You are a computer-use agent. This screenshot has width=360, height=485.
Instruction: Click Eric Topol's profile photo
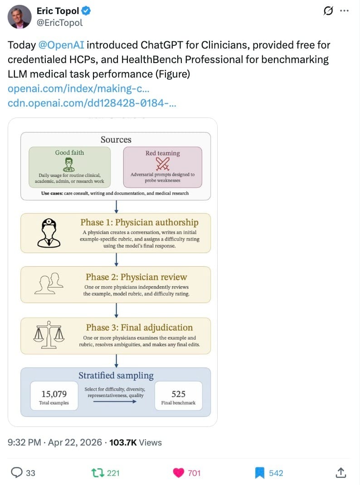pyautogui.click(x=19, y=17)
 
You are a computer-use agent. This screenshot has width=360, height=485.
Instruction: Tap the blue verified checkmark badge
pyautogui.click(x=86, y=11)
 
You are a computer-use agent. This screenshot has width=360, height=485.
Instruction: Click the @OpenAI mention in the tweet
pyautogui.click(x=61, y=45)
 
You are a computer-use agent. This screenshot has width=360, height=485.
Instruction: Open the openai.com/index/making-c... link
pyautogui.click(x=78, y=89)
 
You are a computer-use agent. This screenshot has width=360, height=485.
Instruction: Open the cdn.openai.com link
pyautogui.click(x=92, y=103)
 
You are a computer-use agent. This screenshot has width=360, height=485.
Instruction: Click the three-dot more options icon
pyautogui.click(x=344, y=11)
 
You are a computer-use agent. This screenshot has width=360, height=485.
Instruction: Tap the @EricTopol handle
pyautogui.click(x=60, y=23)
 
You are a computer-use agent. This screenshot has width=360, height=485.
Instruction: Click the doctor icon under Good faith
pyautogui.click(x=68, y=165)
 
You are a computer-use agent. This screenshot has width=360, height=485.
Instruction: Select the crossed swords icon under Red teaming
pyautogui.click(x=162, y=164)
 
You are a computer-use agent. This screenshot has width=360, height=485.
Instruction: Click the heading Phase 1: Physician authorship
pyautogui.click(x=139, y=222)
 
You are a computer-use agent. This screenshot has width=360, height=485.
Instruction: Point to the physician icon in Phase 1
pyautogui.click(x=49, y=233)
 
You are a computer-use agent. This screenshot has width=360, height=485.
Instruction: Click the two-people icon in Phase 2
pyautogui.click(x=49, y=283)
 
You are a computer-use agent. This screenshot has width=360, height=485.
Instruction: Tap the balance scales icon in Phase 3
pyautogui.click(x=49, y=335)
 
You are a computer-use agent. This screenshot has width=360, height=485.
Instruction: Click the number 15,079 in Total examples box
pyautogui.click(x=54, y=394)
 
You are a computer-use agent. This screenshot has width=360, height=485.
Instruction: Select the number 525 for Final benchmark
pyautogui.click(x=178, y=394)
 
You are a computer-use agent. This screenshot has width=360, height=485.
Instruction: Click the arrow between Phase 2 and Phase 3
pyautogui.click(x=116, y=310)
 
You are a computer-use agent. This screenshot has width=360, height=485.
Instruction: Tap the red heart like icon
pyautogui.click(x=178, y=473)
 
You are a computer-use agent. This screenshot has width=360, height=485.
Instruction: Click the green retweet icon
pyautogui.click(x=97, y=473)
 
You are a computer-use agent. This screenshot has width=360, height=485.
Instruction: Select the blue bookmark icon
pyautogui.click(x=259, y=473)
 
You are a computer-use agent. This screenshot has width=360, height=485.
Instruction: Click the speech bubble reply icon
pyautogui.click(x=17, y=473)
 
